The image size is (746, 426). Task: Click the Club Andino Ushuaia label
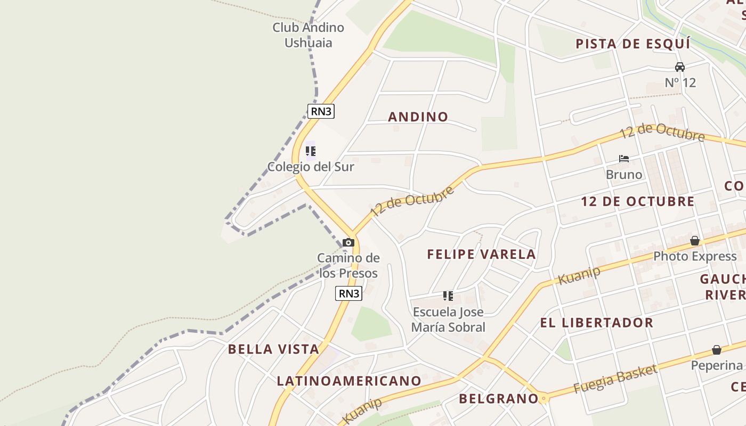point(309,35)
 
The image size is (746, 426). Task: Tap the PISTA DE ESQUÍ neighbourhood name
point(633,44)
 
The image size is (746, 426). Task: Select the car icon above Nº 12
point(680,67)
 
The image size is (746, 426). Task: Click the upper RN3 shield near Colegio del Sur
point(321,111)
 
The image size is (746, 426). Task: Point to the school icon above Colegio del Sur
point(311,151)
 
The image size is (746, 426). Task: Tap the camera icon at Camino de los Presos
point(348,243)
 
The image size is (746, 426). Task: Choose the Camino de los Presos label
point(348,266)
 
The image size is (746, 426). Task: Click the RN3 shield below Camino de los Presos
point(349,293)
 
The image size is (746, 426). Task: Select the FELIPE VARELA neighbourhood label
point(481,255)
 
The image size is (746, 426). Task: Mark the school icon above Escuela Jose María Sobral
point(448,296)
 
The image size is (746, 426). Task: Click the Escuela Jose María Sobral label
point(448,319)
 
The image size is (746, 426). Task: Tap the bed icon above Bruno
point(624,159)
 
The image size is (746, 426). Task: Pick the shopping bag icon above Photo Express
point(695,241)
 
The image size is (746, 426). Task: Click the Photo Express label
point(695,257)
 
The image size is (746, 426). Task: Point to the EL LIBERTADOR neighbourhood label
point(596,323)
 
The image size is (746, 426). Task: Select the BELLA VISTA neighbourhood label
point(273,349)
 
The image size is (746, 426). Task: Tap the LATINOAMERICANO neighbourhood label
point(349,381)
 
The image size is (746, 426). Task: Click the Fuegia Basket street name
point(615,379)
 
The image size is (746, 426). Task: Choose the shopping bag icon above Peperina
point(717,350)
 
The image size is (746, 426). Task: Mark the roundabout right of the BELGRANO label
point(544,398)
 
